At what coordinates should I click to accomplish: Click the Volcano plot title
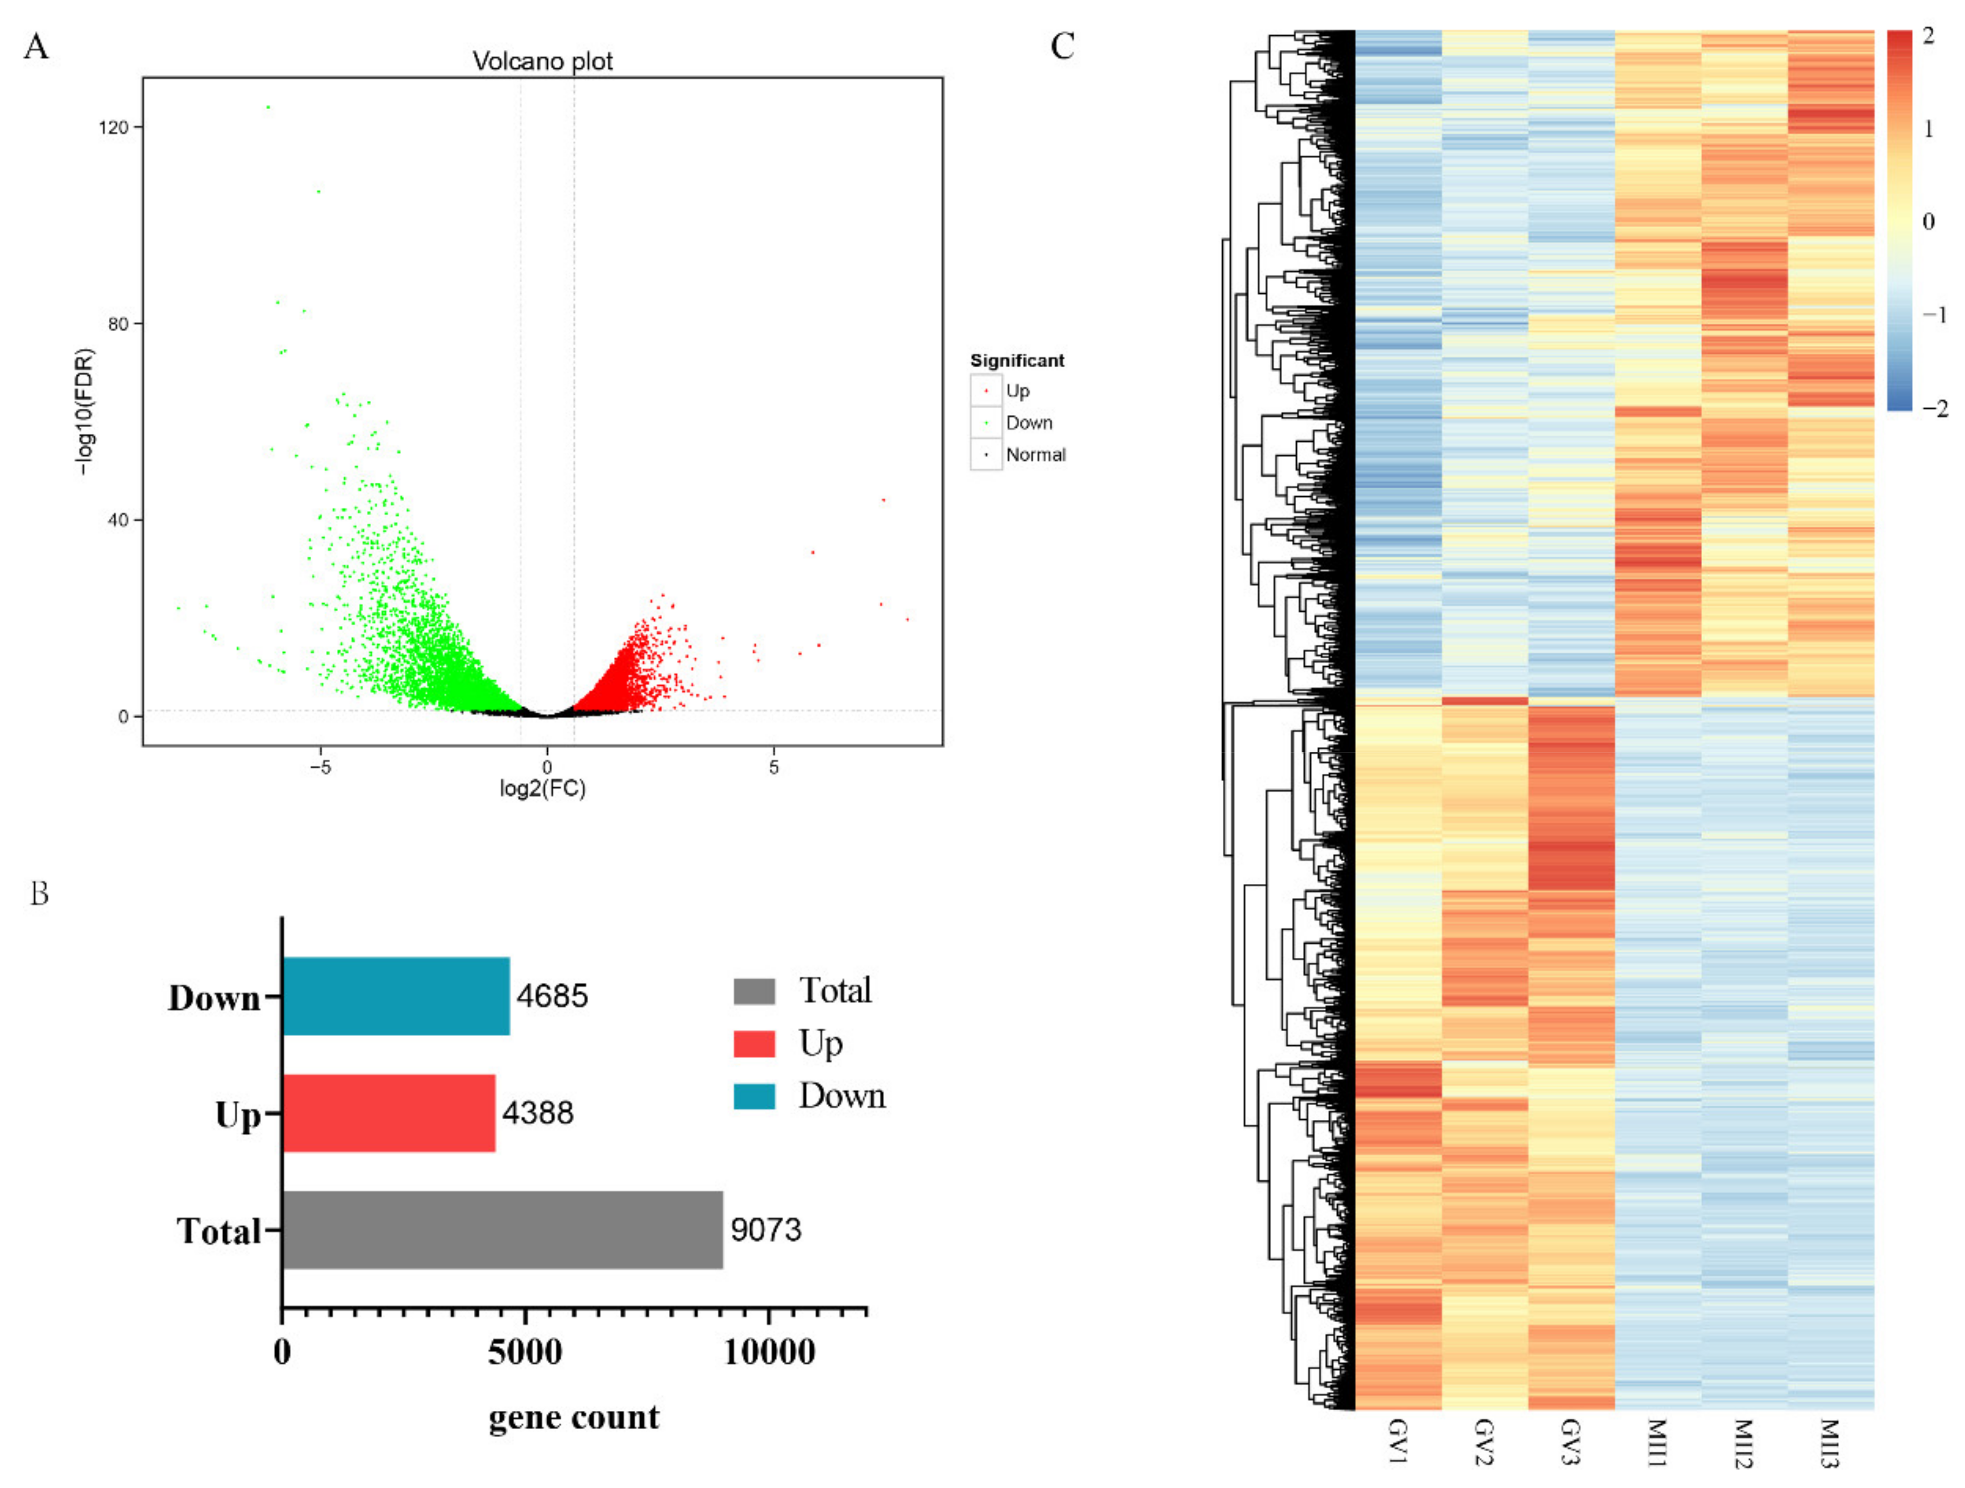[542, 61]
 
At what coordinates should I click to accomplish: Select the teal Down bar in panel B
[396, 996]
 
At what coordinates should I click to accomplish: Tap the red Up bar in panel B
[389, 1113]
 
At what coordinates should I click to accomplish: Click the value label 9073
[766, 1229]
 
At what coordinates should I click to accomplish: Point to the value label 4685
[552, 996]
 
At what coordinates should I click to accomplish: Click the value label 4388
[538, 1113]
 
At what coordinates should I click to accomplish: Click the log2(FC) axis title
[543, 789]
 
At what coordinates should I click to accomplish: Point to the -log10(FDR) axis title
[84, 411]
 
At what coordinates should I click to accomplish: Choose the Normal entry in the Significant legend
[1035, 455]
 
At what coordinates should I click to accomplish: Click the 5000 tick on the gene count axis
[525, 1352]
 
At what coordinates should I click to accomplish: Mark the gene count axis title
[574, 1417]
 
